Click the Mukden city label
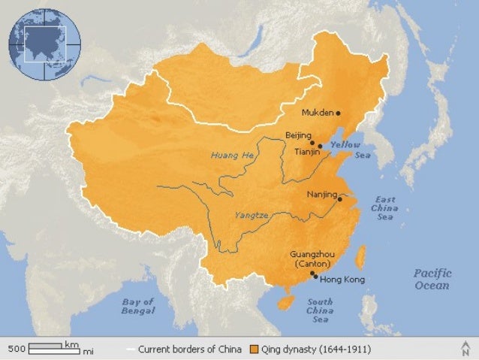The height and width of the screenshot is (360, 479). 317,113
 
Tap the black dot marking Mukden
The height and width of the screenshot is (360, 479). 339,113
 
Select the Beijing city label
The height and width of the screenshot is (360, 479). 298,135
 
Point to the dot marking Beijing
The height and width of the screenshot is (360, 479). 312,141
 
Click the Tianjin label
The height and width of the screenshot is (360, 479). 307,151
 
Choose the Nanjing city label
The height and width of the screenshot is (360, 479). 322,195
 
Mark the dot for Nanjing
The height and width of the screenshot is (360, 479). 340,199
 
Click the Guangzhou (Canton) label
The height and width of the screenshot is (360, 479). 312,259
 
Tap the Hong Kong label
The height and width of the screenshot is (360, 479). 342,280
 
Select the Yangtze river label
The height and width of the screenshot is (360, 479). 252,214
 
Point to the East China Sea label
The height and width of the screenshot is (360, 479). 384,208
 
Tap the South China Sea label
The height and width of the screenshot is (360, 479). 320,310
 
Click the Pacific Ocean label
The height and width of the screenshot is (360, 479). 432,279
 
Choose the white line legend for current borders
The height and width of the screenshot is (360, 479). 131,350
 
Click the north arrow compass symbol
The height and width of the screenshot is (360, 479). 465,348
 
